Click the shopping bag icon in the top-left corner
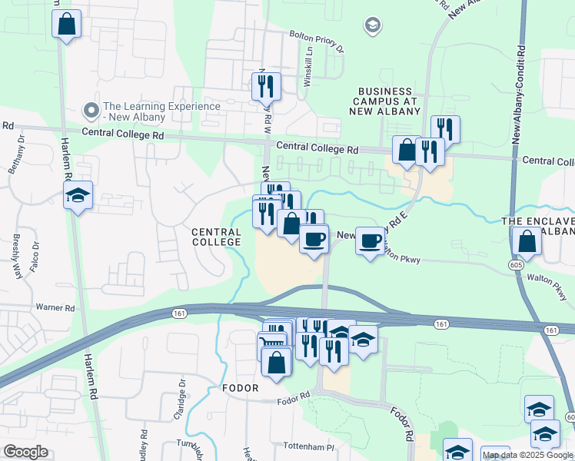pos(67,24)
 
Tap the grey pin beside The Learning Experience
pos(91,111)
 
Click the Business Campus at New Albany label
pos(387,101)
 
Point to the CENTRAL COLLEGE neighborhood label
pos(216,237)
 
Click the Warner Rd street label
pos(54,307)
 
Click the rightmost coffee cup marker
pos(370,240)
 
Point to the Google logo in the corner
pos(25,452)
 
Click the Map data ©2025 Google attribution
pos(527,455)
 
